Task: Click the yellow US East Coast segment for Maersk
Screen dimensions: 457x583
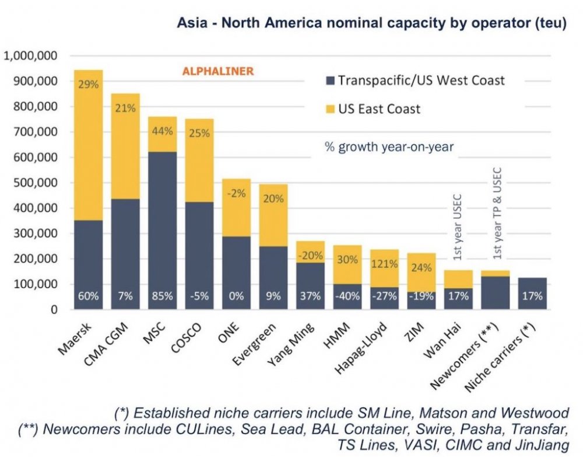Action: point(88,146)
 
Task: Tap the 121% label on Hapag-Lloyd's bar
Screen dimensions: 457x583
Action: point(385,263)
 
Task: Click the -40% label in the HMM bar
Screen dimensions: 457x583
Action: point(348,296)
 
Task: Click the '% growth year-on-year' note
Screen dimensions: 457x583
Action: point(389,147)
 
